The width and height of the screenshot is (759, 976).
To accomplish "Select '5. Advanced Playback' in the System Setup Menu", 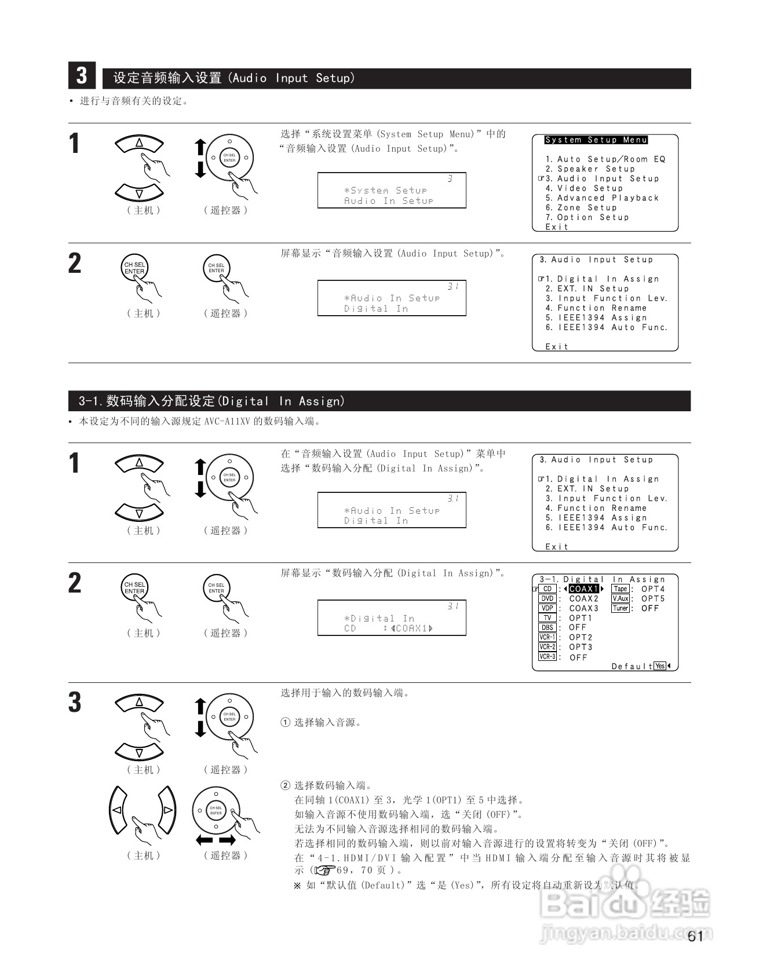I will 602,198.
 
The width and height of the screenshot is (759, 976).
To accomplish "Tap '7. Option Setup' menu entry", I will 587,217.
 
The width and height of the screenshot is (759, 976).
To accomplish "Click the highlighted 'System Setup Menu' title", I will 596,140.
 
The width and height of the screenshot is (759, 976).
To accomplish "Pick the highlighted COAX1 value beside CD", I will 583,589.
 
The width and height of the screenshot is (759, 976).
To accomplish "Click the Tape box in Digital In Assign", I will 621,589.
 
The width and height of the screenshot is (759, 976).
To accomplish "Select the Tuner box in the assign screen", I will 621,608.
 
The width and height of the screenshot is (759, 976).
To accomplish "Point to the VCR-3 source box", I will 548,657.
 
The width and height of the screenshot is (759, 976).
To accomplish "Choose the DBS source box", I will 548,627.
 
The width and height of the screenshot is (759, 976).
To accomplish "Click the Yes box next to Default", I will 660,666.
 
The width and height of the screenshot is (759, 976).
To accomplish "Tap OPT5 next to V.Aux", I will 653,599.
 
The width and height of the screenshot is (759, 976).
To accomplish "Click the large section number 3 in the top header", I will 82,76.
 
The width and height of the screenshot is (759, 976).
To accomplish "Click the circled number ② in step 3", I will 285,786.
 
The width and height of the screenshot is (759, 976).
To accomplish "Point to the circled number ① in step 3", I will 285,723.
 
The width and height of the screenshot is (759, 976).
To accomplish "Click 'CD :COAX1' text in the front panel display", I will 389,628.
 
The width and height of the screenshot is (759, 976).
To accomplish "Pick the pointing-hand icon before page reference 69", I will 325,871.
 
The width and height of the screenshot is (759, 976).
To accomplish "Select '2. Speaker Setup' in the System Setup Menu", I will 590,169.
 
